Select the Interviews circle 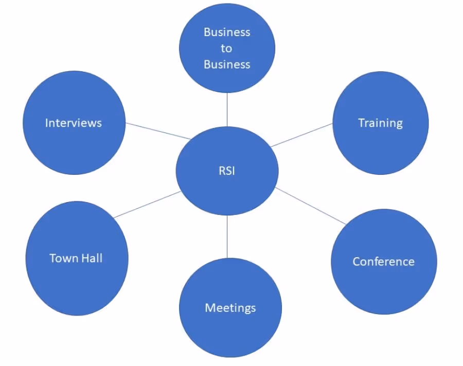tap(74, 123)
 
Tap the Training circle tap(380, 123)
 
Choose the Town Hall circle tap(76, 258)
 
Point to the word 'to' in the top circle tap(227, 48)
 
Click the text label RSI tap(227, 171)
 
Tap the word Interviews tap(74, 123)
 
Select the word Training tap(380, 123)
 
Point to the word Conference tap(384, 261)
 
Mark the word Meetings tap(230, 308)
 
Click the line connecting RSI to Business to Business tap(227, 110)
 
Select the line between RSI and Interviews tap(157, 131)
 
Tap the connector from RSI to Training tap(302, 135)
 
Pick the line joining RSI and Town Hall tap(147, 205)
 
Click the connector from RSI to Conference tap(311, 206)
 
